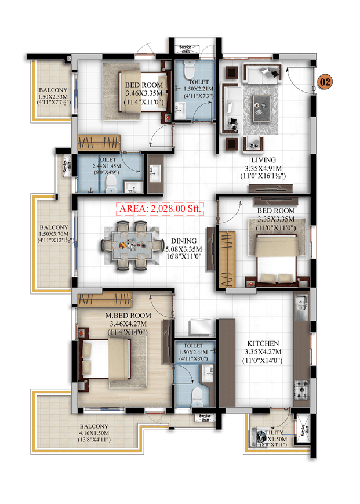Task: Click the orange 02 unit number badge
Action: [325, 83]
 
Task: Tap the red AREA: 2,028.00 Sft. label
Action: [159, 209]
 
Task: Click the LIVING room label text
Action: [263, 159]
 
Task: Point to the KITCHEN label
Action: [263, 343]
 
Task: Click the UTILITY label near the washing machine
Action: [272, 433]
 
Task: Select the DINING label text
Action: [184, 241]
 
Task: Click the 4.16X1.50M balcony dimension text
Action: [95, 433]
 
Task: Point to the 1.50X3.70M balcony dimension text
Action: [53, 235]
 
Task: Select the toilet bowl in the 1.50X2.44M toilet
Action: [197, 396]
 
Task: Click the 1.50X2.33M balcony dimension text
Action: [53, 97]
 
